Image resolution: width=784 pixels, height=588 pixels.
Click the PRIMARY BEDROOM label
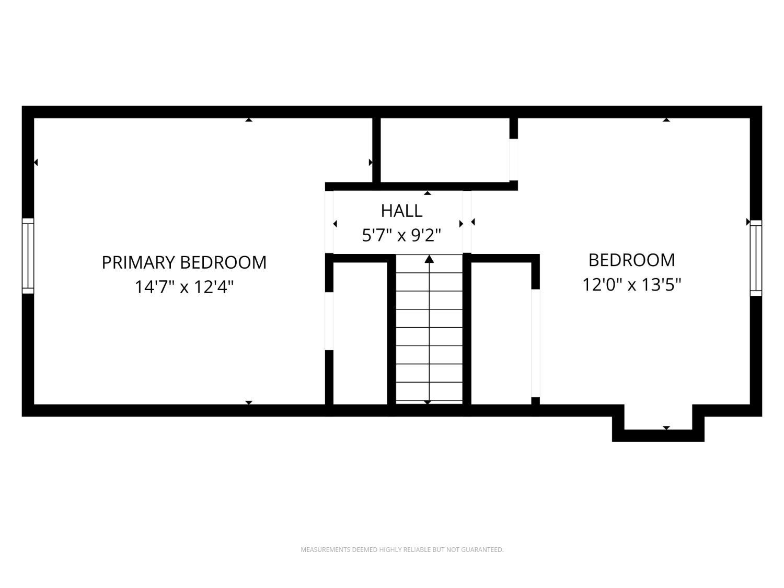coord(184,262)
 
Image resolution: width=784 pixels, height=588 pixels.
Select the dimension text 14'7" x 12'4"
coord(184,286)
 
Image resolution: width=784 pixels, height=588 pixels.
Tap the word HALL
coord(401,211)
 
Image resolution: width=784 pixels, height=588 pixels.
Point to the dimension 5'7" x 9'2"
coord(401,235)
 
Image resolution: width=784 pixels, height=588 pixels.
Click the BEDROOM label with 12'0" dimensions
coord(631,260)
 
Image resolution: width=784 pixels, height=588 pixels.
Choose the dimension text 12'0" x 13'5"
coord(631,285)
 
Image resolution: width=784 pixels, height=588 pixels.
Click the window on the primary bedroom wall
coord(28,256)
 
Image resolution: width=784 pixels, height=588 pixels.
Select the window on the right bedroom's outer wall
coord(756,258)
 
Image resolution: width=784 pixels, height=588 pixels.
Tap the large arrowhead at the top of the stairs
coord(429,259)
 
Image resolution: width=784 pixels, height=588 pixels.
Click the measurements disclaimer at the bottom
coord(402,549)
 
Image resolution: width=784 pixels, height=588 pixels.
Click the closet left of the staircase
coord(360,333)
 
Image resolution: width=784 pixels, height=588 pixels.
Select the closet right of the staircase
coord(501,333)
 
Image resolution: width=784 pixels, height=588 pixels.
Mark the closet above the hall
coord(445,150)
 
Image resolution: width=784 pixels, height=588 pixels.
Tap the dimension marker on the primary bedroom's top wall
coord(249,120)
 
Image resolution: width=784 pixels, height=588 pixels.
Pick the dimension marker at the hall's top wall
coord(427,193)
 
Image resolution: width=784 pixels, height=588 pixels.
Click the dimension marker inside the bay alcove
coord(666,428)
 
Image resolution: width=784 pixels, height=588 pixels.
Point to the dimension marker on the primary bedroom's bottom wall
coord(249,402)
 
